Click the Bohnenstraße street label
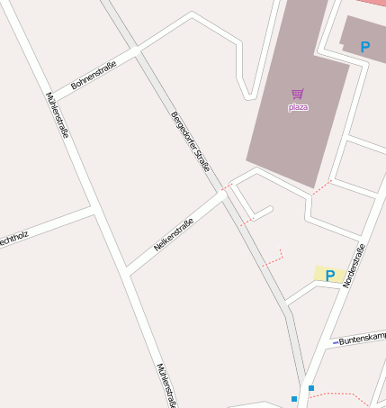point(94,75)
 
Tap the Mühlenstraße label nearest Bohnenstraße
point(56,114)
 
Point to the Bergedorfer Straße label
point(190,141)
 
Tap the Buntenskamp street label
point(362,339)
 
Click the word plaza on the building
point(298,107)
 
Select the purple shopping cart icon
point(298,94)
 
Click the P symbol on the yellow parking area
point(330,276)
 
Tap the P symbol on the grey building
point(364,47)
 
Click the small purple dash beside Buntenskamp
point(335,342)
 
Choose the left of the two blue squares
point(294,398)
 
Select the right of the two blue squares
point(311,388)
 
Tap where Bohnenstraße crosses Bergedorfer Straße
point(137,51)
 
